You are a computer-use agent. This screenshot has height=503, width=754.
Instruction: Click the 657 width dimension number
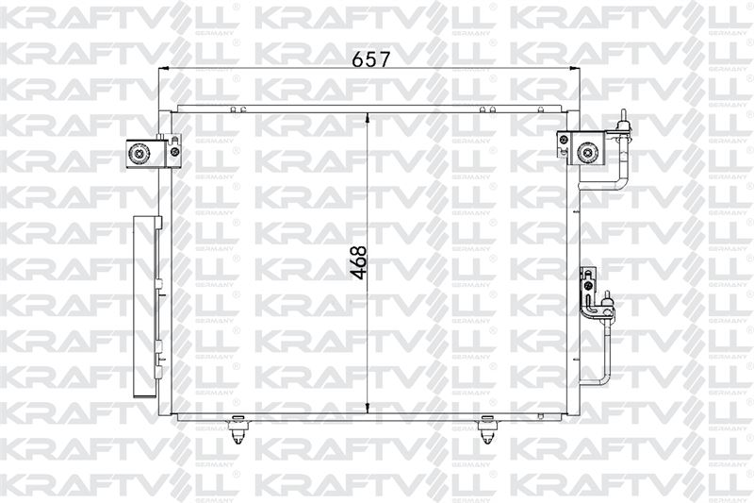(x=370, y=59)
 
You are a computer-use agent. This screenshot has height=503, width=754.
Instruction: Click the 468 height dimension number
(x=359, y=262)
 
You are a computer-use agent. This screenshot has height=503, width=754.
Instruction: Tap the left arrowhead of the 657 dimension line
(x=163, y=69)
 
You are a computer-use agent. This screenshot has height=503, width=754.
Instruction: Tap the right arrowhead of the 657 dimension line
(x=574, y=69)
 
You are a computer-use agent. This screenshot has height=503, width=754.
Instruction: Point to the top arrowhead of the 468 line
(x=368, y=118)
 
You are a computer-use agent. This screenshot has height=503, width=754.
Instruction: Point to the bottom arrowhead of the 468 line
(x=368, y=409)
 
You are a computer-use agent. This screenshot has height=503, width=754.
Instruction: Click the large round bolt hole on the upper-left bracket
(x=139, y=154)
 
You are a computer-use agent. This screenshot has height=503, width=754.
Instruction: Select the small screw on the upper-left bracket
(x=174, y=152)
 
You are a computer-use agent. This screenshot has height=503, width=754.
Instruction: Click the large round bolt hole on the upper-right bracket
(x=586, y=153)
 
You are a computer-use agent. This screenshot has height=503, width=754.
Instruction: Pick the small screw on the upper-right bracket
(x=563, y=140)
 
